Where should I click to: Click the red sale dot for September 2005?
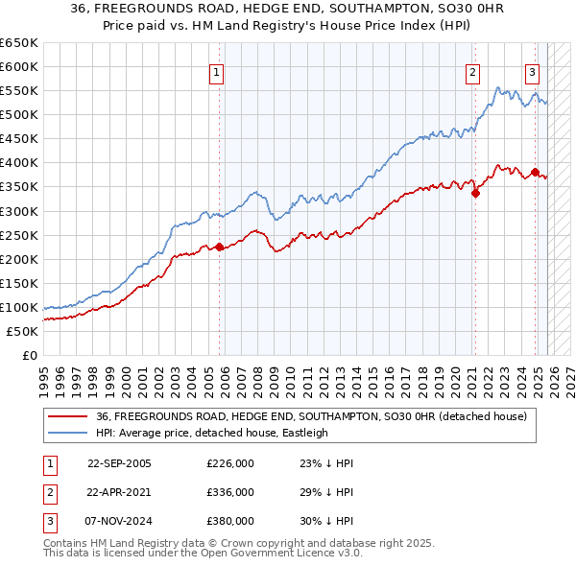tap(219, 247)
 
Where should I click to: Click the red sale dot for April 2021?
tap(475, 193)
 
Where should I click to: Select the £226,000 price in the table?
tap(230, 463)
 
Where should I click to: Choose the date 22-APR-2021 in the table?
tap(119, 491)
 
